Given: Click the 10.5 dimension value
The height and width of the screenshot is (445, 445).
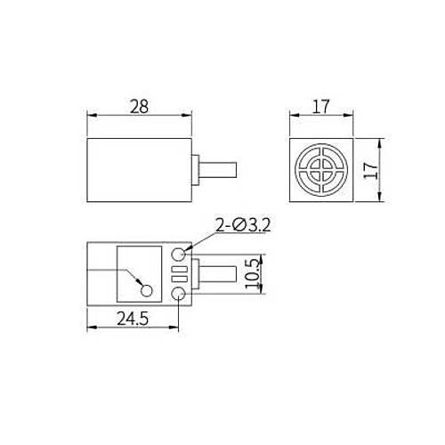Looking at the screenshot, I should click(x=255, y=273).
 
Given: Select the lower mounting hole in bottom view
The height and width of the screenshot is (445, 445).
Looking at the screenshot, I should click(x=181, y=293).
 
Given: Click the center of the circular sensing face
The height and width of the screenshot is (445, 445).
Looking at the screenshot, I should click(x=324, y=168).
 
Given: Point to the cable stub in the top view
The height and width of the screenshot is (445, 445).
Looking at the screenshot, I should click(x=220, y=168).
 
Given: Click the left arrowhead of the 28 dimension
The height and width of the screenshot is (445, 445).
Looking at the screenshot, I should click(x=90, y=116).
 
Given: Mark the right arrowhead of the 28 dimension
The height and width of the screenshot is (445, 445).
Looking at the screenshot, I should click(x=190, y=116).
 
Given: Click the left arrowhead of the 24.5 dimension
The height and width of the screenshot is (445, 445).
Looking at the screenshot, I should click(x=90, y=328).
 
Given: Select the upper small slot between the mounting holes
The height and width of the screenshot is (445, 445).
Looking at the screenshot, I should click(x=180, y=268).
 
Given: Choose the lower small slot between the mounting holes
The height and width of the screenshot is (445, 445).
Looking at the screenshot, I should click(x=180, y=278).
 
